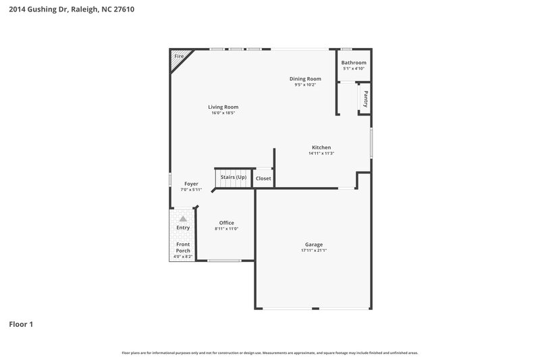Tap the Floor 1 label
21,324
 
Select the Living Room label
223,107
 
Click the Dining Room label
305,79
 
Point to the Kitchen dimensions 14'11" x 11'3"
321,153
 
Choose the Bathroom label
354,63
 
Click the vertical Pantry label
365,99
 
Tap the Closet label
263,178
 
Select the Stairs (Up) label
234,177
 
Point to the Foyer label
191,184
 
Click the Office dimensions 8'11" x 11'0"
226,229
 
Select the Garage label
314,245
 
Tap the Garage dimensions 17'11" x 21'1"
314,251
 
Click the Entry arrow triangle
182,219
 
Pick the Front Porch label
183,247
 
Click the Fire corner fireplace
178,57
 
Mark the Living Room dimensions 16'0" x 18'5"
223,113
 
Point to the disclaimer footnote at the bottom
269,353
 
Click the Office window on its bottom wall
224,260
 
